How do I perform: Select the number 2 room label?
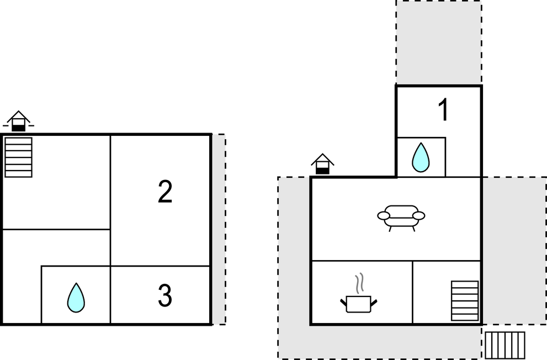[165, 191]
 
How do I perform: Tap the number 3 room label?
[165, 295]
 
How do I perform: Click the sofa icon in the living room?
[401, 218]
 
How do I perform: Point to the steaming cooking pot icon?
[359, 294]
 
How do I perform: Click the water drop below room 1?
[421, 157]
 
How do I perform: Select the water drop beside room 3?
[76, 298]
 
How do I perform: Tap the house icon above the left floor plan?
[18, 121]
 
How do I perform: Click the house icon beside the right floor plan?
[323, 163]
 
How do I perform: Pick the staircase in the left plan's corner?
[18, 157]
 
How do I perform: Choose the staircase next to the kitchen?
[465, 301]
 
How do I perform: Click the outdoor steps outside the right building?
[505, 345]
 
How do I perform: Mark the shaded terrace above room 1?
[439, 42]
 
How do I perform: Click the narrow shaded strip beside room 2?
[219, 229]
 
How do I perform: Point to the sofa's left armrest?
[384, 216]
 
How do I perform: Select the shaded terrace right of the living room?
[514, 251]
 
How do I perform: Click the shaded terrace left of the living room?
[294, 251]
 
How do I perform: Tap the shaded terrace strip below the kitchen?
[380, 342]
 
